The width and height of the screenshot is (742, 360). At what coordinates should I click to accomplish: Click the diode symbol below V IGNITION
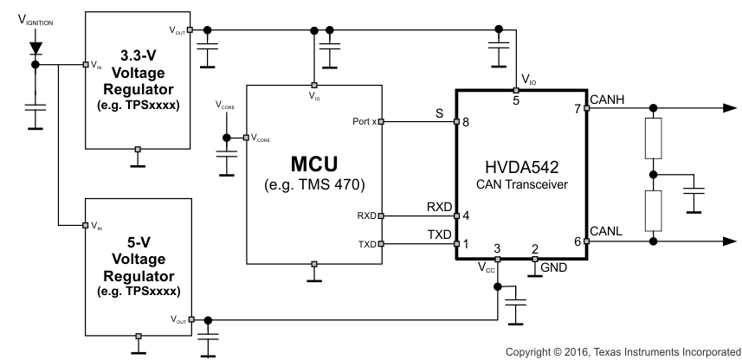coord(35,44)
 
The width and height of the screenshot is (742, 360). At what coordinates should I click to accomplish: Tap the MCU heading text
coord(313,162)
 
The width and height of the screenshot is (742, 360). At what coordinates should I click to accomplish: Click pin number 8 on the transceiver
coord(466,122)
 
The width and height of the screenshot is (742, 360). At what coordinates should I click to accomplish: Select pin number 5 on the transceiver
coord(516,100)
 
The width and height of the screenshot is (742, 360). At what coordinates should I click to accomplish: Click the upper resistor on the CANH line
coord(654,139)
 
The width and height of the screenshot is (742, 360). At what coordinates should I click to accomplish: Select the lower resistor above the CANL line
coord(654,207)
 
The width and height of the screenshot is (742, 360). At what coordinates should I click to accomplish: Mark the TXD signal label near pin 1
coord(438,234)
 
